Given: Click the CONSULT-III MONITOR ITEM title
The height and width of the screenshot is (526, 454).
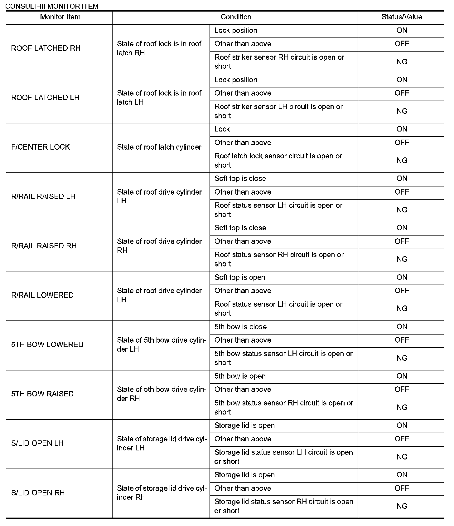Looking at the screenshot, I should coord(52,6).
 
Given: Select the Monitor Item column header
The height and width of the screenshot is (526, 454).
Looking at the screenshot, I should coord(60,17).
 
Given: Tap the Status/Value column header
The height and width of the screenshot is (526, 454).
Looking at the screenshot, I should coord(402,17).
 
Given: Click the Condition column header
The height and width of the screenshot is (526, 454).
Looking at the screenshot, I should coord(236,17).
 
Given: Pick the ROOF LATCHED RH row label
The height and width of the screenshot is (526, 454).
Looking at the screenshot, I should coord(46,48).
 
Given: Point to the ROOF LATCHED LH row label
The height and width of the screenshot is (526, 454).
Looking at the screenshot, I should coord(45,98).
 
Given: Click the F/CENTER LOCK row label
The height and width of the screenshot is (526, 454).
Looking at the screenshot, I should coord(41,147).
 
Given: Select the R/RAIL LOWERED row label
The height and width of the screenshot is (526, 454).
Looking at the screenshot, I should coord(42,295).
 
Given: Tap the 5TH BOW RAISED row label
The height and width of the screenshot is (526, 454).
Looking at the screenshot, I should coord(42,394).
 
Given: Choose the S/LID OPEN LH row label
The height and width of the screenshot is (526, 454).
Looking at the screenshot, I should coord(37,443).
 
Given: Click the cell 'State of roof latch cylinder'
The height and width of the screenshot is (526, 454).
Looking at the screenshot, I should coord(159,147).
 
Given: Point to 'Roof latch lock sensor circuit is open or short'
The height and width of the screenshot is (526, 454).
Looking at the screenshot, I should coord(278,161).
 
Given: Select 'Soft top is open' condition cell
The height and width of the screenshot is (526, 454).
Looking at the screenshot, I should coord(240,277).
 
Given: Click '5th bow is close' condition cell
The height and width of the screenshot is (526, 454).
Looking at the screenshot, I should coord(240,327).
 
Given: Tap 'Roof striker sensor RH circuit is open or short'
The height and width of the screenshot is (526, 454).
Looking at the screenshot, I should coord(279,62).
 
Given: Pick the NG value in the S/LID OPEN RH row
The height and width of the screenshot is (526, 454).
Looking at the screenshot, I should coord(402,506).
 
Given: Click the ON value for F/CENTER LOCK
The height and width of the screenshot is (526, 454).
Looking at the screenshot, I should coord(402,129).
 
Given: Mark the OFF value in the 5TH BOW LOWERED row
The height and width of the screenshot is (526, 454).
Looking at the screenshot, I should coord(402,340).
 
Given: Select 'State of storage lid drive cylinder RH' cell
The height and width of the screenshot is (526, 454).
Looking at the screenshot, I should coord(162,493).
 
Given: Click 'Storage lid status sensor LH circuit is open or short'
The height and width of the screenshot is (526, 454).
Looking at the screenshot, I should coord(283,457).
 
